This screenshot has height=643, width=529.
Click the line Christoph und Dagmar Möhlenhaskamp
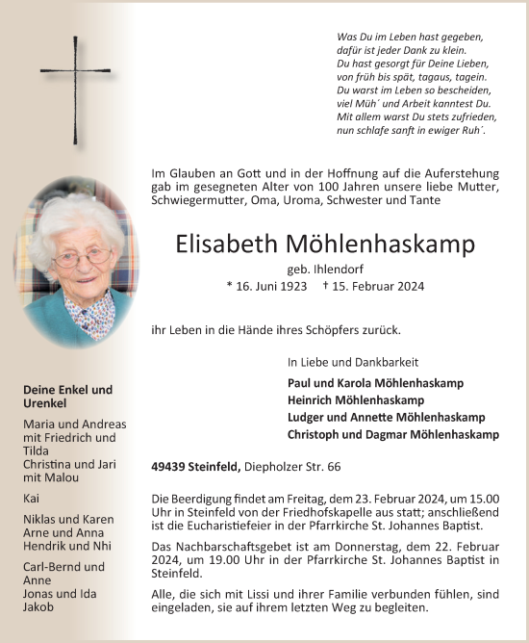pos(392,434)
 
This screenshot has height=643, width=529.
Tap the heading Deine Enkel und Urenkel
pos(68,397)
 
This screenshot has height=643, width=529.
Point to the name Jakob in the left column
pos(38,607)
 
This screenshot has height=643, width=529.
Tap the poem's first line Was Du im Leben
pos(410,36)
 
